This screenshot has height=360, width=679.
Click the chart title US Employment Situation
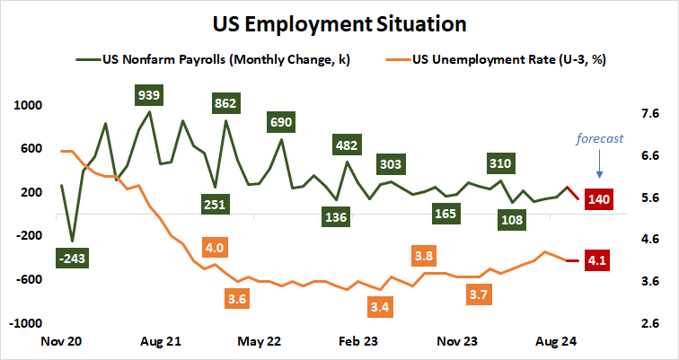coord(339,22)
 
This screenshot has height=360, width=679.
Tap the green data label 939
coord(148,94)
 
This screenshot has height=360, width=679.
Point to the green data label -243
coord(72,259)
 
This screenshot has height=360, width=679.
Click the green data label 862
coord(225,103)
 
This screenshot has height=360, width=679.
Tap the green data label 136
coord(336,216)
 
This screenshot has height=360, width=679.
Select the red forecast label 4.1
coord(598,261)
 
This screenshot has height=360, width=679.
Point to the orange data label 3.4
coord(380,307)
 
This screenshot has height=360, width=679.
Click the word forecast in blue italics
coord(599,138)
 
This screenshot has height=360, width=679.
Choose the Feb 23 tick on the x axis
coord(359,341)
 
